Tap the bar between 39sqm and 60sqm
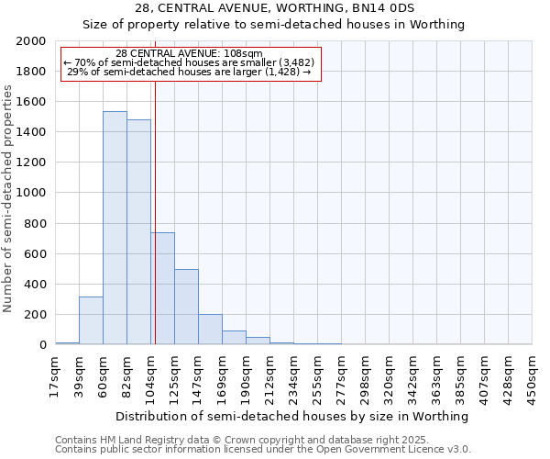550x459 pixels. pos(91,320)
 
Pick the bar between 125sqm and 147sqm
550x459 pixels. pos(186,307)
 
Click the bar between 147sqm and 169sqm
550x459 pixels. pos(210,330)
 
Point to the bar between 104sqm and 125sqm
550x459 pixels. pos(162,288)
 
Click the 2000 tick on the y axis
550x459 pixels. pos(31,41)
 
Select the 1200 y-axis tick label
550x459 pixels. pos(31,162)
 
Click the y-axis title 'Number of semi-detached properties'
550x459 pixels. pos(8,198)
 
